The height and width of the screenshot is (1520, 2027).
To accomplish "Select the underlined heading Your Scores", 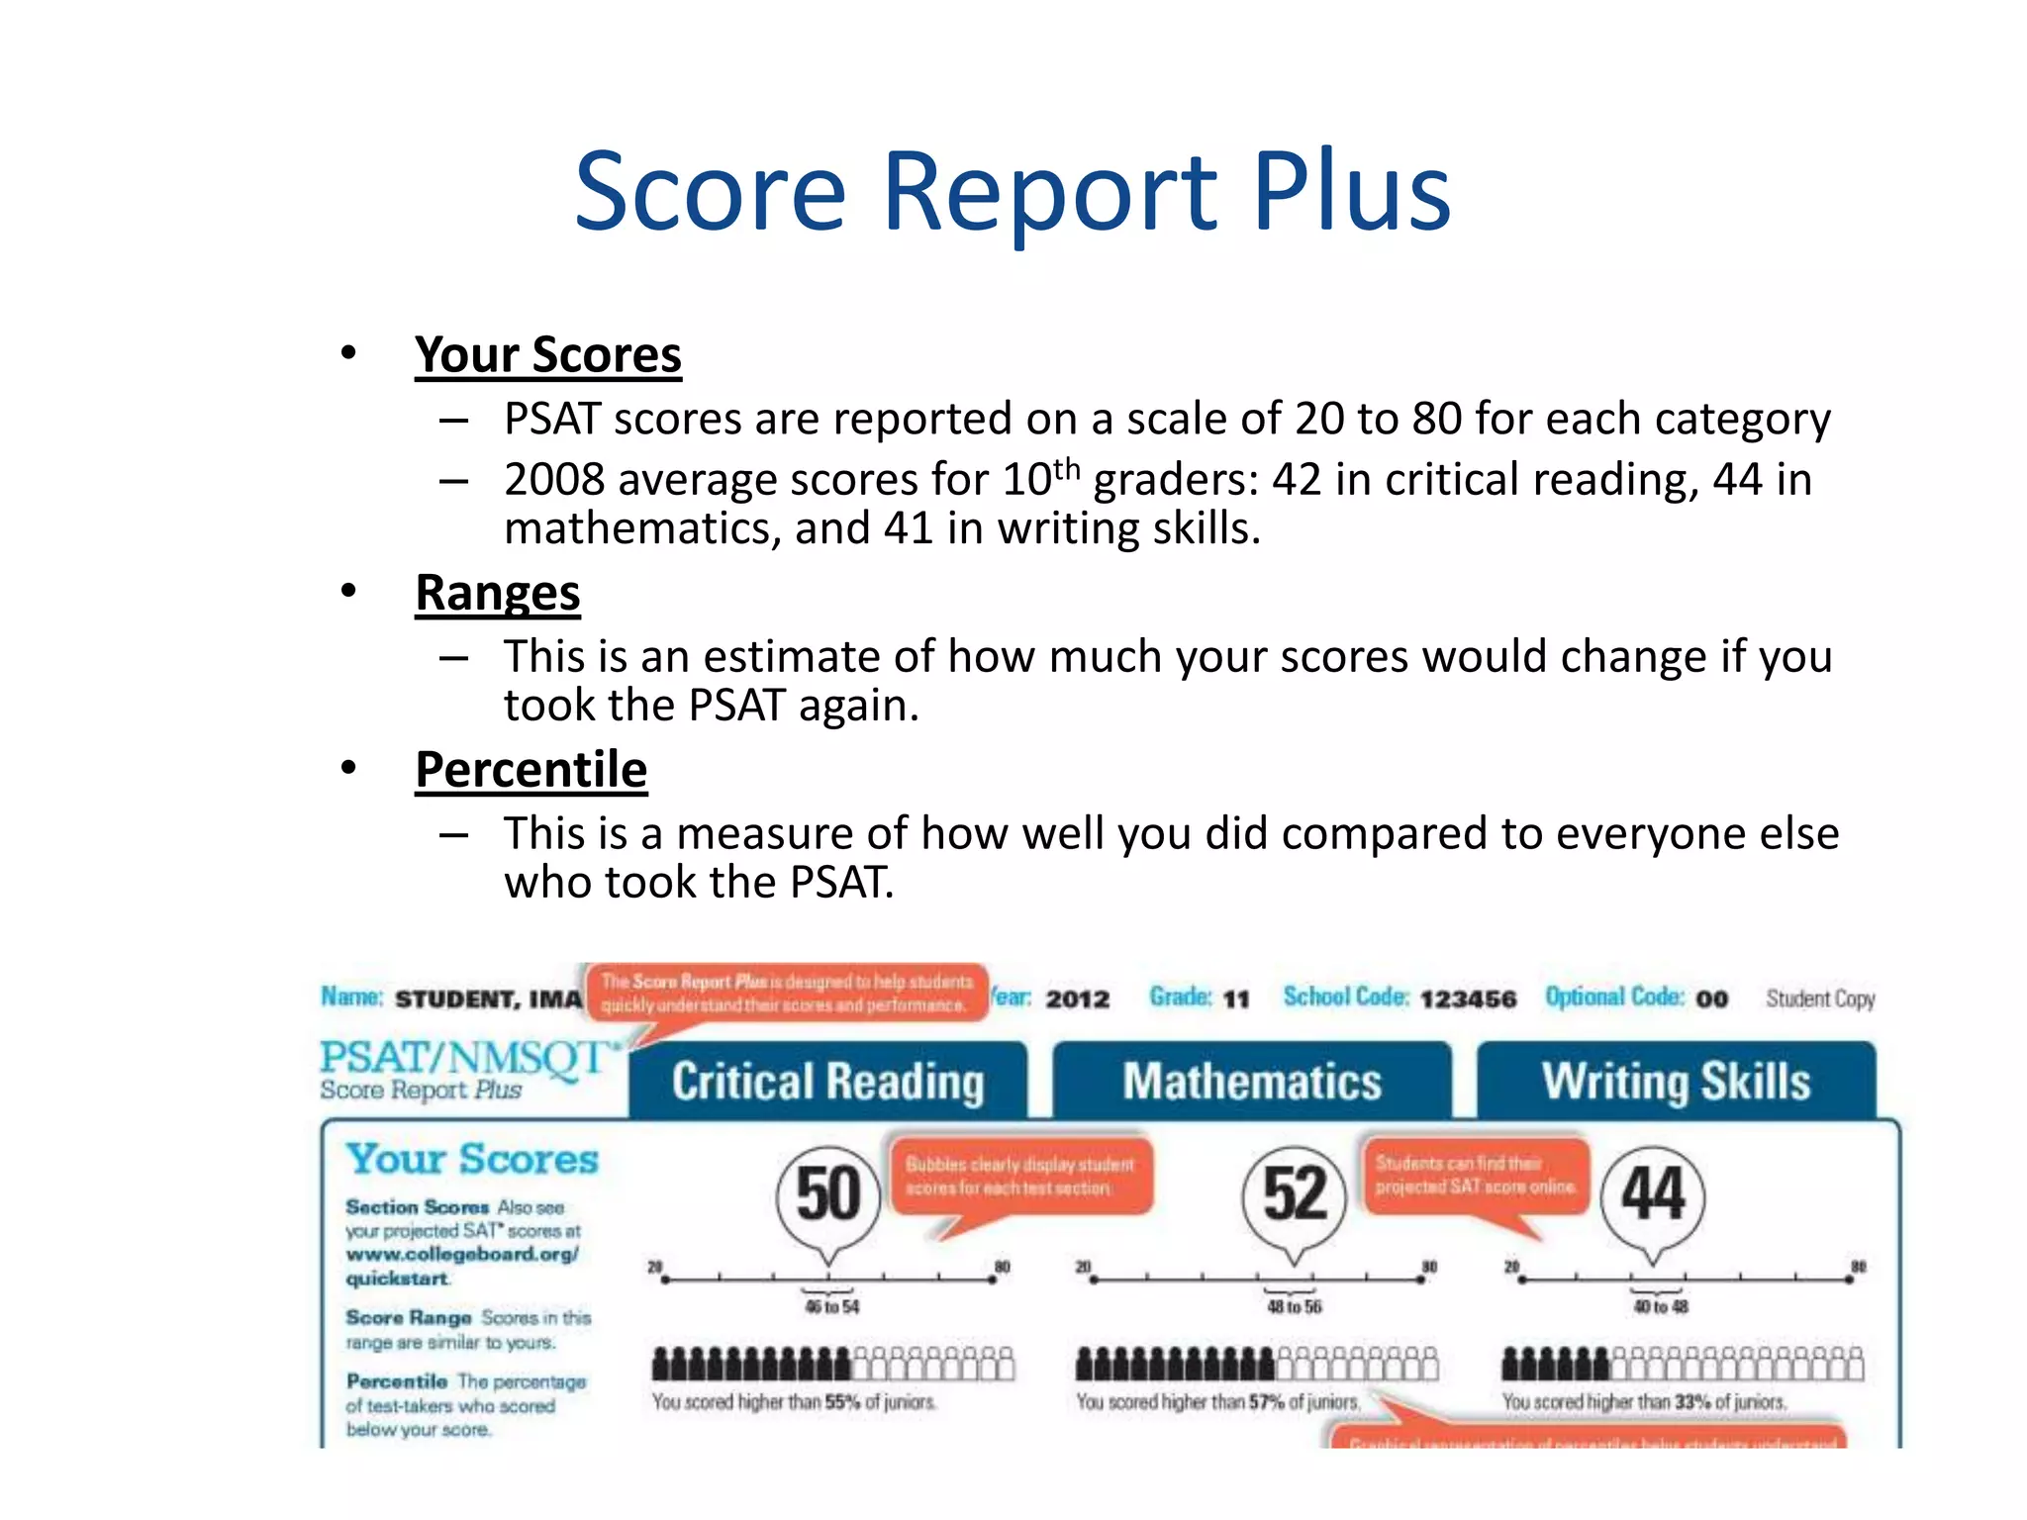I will tap(547, 354).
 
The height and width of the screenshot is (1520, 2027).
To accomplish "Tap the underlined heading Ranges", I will tap(497, 593).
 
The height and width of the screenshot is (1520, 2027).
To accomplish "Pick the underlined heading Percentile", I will tap(531, 770).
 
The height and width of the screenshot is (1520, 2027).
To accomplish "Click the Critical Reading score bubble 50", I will tap(828, 1194).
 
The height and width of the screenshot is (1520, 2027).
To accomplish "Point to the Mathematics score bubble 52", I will tap(1294, 1194).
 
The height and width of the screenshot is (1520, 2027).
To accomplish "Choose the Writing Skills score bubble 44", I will tap(1652, 1194).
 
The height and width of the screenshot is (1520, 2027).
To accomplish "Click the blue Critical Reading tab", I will tap(827, 1081).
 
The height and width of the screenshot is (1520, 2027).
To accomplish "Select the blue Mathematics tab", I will tap(1251, 1081).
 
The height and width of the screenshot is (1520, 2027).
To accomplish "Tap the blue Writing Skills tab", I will tap(1676, 1081).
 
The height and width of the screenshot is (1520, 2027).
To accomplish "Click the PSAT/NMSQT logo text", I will tap(465, 1058).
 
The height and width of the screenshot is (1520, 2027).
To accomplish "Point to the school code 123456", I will tap(1468, 998).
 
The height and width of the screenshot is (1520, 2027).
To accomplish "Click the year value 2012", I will tap(1078, 998).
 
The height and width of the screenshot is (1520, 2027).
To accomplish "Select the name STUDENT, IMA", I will tap(488, 998).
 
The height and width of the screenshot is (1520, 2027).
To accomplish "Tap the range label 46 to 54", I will tap(831, 1307).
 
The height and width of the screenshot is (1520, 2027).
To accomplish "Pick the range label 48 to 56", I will tap(1294, 1307).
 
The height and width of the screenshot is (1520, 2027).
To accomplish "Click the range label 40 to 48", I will tap(1661, 1307).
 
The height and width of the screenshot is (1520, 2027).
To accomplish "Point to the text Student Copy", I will tap(1820, 998).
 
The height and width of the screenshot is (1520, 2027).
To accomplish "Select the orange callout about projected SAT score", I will tap(1474, 1176).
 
